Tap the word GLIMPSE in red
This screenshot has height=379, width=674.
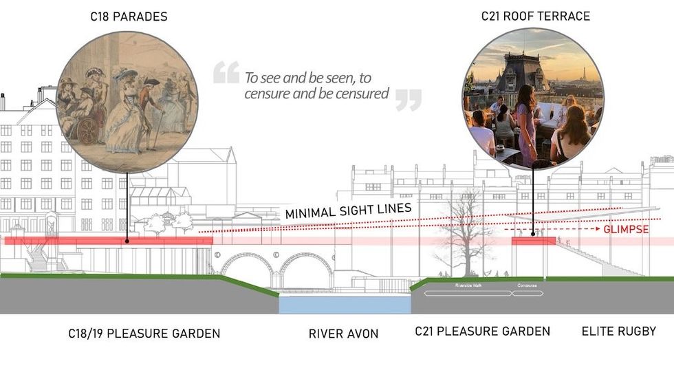pos(626,229)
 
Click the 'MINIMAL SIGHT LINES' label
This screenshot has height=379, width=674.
pos(349,212)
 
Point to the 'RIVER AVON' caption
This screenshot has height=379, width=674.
pos(344,334)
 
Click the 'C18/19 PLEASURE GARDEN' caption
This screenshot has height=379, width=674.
pos(144,334)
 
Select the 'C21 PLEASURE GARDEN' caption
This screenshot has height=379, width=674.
pos(482,332)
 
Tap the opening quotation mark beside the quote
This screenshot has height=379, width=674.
pos(226,72)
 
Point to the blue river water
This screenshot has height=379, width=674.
pos(344,304)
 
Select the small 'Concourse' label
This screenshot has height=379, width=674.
pos(527,285)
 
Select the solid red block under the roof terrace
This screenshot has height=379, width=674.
pos(534,240)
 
